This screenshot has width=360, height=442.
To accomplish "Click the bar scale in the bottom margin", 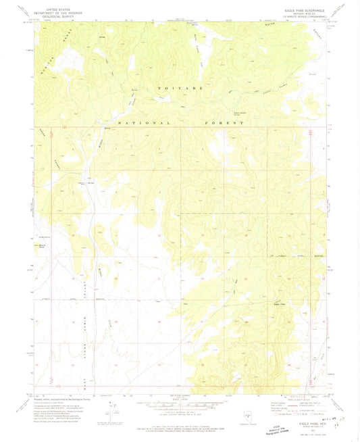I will click(x=179, y=404).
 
